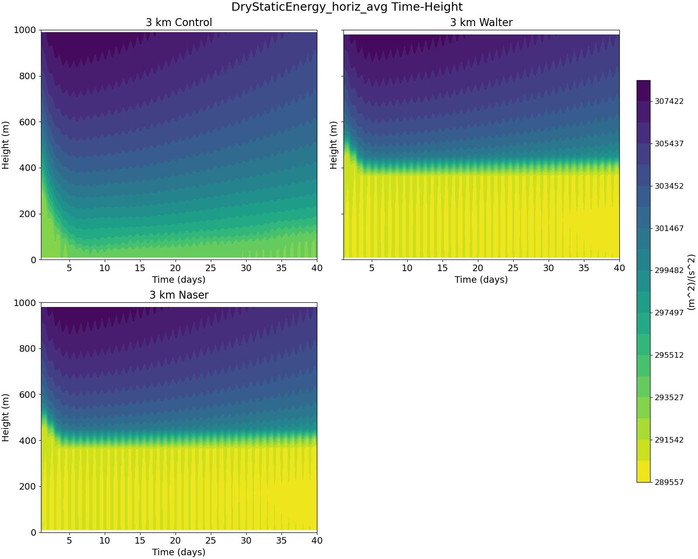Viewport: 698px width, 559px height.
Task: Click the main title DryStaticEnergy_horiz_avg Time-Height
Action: point(347,7)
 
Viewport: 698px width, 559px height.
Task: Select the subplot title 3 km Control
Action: point(179,22)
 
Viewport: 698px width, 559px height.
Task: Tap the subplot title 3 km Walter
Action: point(481,22)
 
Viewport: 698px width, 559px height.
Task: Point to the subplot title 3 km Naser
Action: point(179,295)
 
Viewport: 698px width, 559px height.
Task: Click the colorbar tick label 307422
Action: point(669,101)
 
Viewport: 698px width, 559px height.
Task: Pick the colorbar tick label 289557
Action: point(669,482)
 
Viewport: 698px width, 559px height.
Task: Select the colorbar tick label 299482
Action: point(669,271)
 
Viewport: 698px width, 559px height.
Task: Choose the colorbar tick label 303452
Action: point(669,186)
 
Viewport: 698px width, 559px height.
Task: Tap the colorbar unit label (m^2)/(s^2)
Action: point(691,282)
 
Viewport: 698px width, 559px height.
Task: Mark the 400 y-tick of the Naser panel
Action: point(29,441)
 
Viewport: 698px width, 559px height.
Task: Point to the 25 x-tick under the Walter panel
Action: point(513,268)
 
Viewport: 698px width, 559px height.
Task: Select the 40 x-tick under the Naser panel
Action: point(316,540)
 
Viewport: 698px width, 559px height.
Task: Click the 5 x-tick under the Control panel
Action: point(69,268)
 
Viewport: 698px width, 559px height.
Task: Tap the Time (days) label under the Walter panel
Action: point(481,279)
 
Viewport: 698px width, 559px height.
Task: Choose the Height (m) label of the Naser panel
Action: point(6,417)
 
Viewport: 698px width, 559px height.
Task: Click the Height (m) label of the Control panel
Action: point(6,145)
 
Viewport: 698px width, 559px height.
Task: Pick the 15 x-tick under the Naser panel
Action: point(140,540)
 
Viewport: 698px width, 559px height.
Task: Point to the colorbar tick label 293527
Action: point(669,397)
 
